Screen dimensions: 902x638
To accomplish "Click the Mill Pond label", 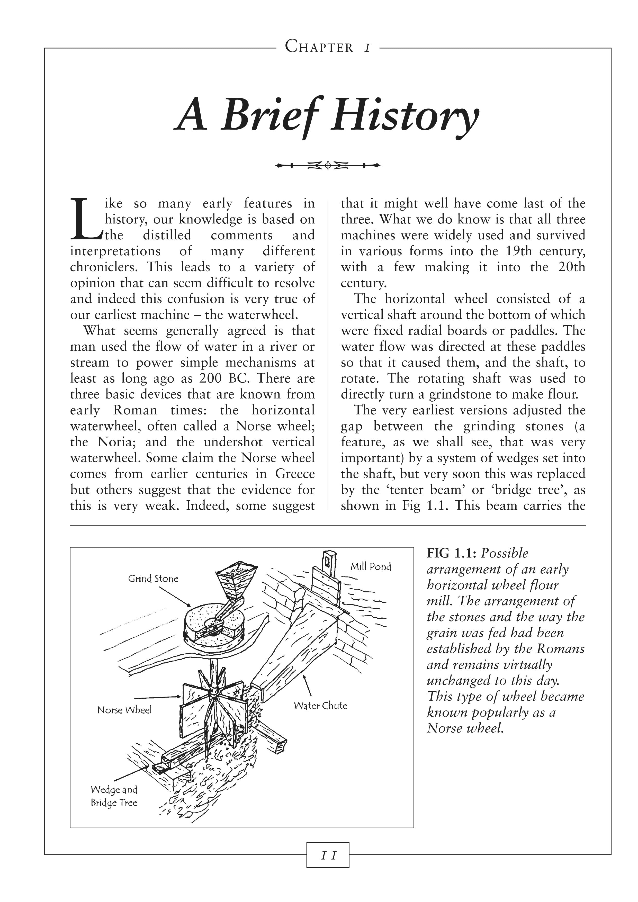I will pos(371,566).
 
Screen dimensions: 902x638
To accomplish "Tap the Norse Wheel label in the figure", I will pos(124,710).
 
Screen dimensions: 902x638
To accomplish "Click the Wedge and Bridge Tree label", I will pos(114,796).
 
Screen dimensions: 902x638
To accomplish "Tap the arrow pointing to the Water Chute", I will pos(307,685).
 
